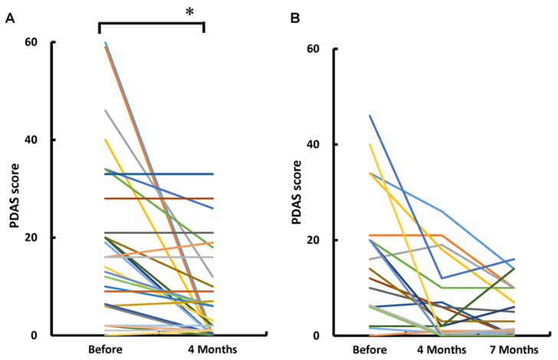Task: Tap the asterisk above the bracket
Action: tap(188, 12)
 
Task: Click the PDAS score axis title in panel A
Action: tap(14, 188)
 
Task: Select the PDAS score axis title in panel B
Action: tap(297, 191)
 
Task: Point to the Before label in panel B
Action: tap(372, 351)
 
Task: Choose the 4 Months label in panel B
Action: tap(442, 351)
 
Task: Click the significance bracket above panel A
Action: tap(151, 24)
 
